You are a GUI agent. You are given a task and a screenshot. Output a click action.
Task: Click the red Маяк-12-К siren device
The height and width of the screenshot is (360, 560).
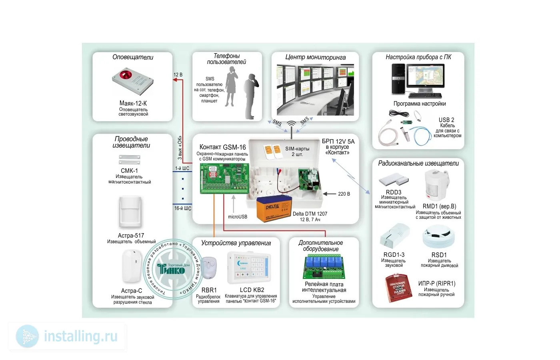[x=132, y=81]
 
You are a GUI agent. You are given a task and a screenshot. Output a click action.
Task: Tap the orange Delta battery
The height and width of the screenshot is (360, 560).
[x=274, y=208]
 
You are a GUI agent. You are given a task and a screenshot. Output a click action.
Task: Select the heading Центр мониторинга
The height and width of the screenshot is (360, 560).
[x=315, y=58]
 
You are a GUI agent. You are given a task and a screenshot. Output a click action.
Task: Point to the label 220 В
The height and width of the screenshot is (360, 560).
[x=344, y=194]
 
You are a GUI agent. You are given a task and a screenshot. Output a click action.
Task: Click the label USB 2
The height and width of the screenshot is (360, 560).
[x=446, y=120]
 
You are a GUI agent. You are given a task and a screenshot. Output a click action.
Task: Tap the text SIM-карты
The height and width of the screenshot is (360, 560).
[x=297, y=149]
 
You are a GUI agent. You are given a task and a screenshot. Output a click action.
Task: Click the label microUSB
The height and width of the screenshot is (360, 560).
[x=238, y=217]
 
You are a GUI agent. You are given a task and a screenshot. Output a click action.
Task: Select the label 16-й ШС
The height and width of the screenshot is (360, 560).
[x=183, y=208]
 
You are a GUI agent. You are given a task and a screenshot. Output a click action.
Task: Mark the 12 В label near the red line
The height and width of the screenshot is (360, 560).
[x=178, y=75]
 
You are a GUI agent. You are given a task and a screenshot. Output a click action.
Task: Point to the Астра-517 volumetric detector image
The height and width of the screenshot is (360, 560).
[x=130, y=212]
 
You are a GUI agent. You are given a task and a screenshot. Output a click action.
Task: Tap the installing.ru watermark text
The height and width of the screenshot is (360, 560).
[x=80, y=336]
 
